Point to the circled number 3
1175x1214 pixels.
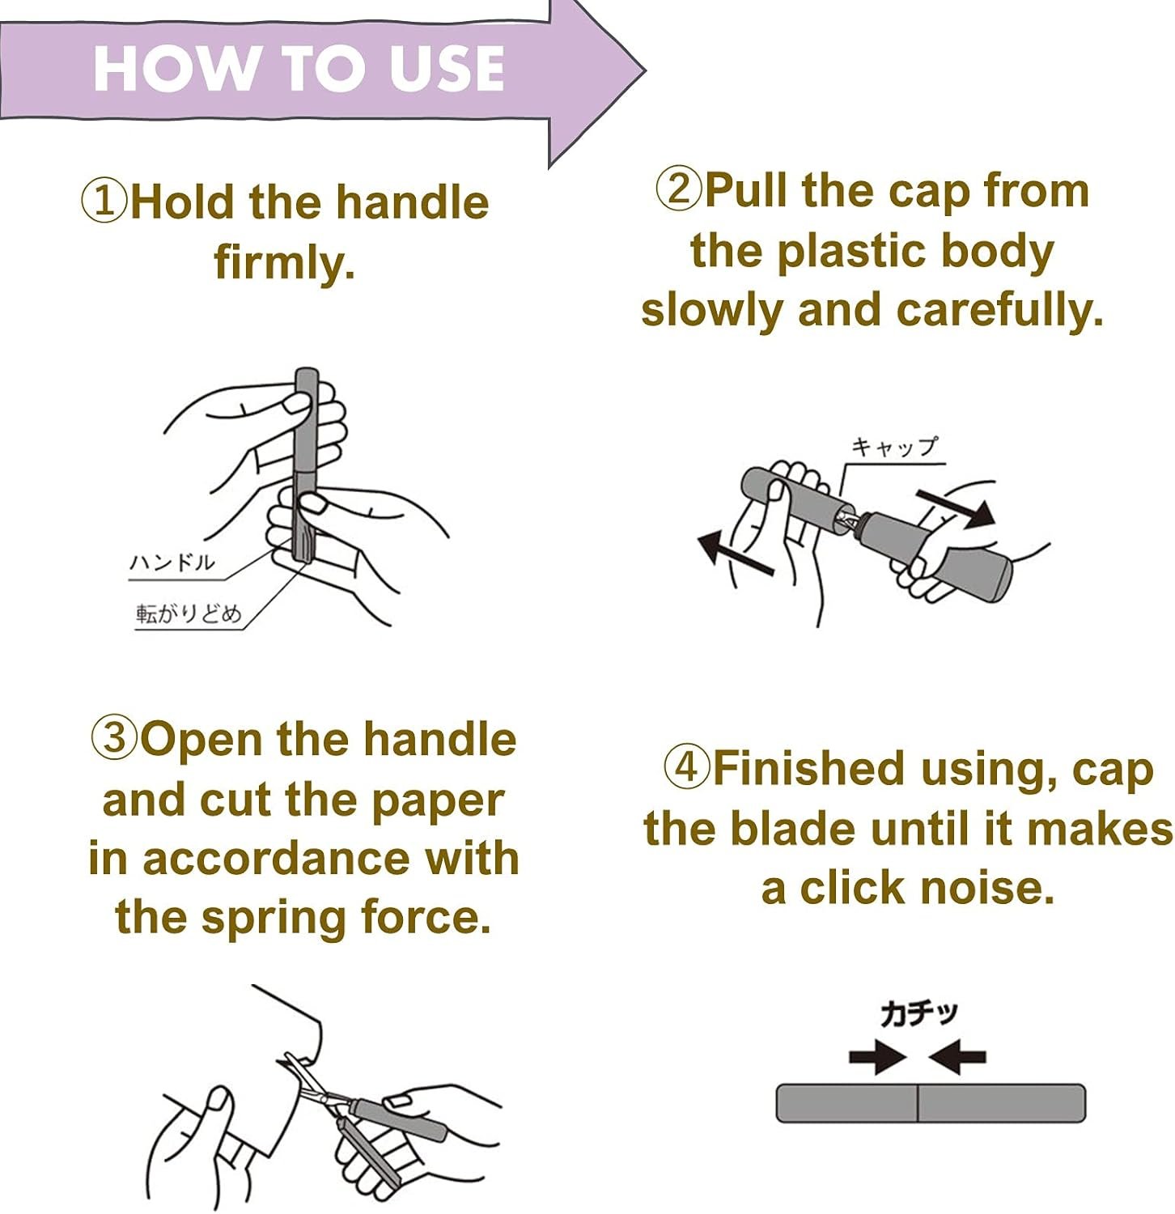click(x=114, y=738)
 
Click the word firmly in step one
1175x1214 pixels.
click(x=285, y=262)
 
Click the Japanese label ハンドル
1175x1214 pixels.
click(x=172, y=562)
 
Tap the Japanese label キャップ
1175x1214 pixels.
click(x=894, y=447)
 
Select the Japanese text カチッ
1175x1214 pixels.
click(x=918, y=1013)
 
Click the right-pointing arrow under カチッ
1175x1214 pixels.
click(x=877, y=1056)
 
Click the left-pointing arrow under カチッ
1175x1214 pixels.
click(x=957, y=1056)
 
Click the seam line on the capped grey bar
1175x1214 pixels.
click(x=918, y=1103)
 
